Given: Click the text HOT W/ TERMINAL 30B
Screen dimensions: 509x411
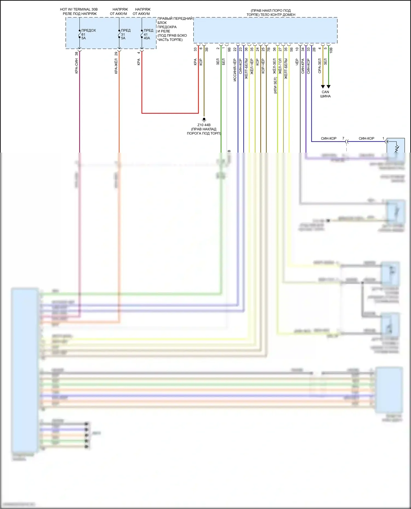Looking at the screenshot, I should pyautogui.click(x=79, y=9).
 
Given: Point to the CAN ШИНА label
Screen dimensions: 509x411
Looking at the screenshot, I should pyautogui.click(x=325, y=94).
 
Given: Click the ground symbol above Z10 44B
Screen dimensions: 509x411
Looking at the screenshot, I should pyautogui.click(x=204, y=120).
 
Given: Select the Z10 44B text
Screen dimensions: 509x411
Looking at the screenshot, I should pyautogui.click(x=204, y=125).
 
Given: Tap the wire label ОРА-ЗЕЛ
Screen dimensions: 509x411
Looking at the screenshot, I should pyautogui.click(x=319, y=66).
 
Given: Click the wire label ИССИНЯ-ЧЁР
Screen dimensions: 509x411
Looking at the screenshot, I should pyautogui.click(x=235, y=70).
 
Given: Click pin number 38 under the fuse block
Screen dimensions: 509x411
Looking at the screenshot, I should pyautogui.click(x=76, y=54).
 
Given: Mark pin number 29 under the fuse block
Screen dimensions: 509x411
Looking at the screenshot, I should pyautogui.click(x=116, y=54).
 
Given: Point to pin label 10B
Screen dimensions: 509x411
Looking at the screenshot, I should pyautogui.click(x=331, y=50).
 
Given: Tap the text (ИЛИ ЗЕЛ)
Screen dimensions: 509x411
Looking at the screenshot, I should pyautogui.click(x=275, y=85).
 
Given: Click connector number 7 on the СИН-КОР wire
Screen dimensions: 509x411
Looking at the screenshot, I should pyautogui.click(x=343, y=138).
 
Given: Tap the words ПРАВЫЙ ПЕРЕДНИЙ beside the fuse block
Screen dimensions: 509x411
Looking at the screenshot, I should pyautogui.click(x=175, y=19).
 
